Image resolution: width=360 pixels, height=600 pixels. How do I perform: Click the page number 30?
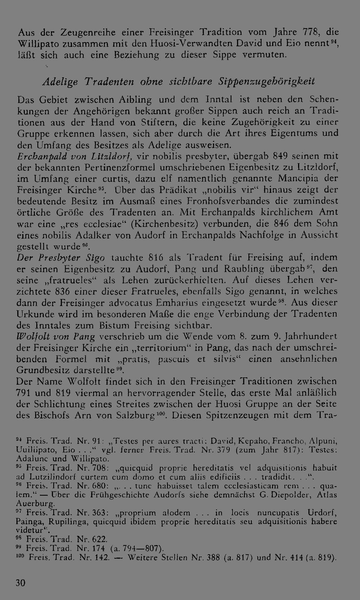pyautogui.click(x=21, y=583)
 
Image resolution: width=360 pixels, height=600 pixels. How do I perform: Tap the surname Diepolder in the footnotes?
pyautogui.click(x=290, y=495)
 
